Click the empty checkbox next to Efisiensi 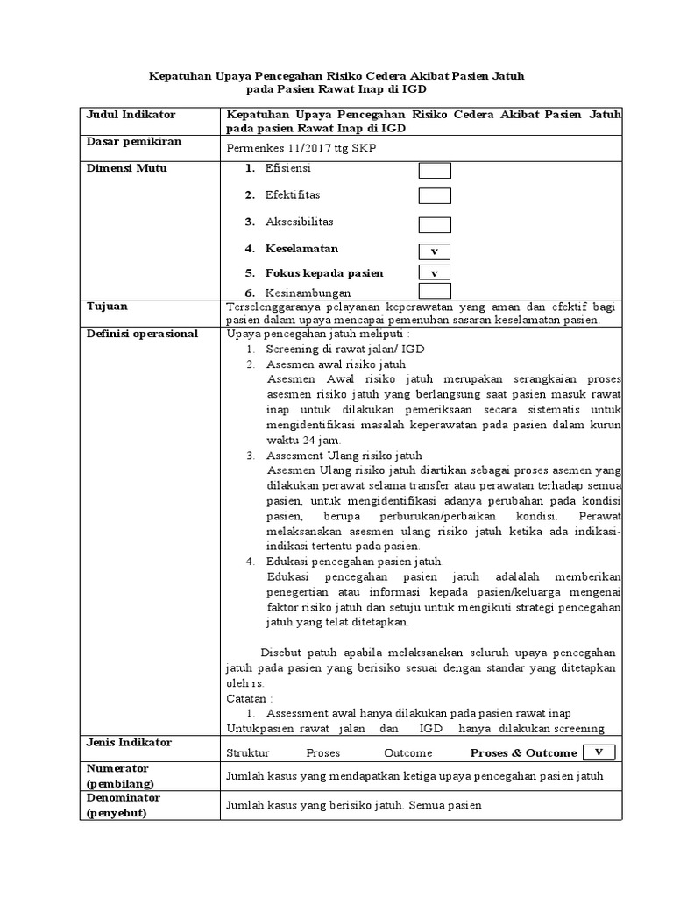click(x=435, y=171)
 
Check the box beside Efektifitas click(x=435, y=196)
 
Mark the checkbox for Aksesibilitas click(x=435, y=224)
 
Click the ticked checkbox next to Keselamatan click(x=435, y=251)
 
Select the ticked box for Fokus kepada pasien click(x=435, y=273)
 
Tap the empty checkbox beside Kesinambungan click(x=435, y=292)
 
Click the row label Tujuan click(x=106, y=307)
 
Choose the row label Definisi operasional click(x=141, y=334)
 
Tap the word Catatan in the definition click(x=249, y=699)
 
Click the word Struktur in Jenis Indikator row click(x=248, y=753)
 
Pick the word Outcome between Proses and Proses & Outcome click(x=407, y=753)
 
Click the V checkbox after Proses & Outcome click(x=599, y=752)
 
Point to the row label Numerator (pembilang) click(x=119, y=775)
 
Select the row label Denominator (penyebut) click(x=124, y=805)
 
